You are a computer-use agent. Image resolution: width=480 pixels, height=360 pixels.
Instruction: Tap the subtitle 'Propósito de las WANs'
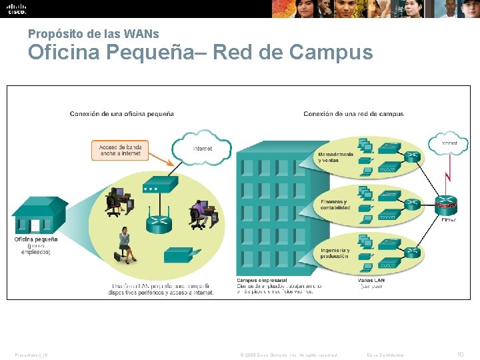(93, 33)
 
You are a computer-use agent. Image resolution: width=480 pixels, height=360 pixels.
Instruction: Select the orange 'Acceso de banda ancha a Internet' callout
(120, 150)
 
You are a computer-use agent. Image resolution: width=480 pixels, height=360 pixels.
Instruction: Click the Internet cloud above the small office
(202, 148)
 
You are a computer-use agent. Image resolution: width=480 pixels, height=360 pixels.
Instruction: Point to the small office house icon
(39, 215)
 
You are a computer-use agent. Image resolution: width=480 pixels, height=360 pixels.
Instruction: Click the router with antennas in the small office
(159, 221)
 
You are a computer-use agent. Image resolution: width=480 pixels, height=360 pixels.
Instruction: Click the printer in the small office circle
(179, 255)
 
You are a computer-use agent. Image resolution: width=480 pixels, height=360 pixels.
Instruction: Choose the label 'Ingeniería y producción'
(334, 252)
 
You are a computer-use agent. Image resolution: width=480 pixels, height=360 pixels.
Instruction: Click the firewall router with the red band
(447, 203)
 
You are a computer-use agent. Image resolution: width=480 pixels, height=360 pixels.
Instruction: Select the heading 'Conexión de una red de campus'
(353, 114)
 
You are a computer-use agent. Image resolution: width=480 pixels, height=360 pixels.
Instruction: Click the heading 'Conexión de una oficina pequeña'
(122, 114)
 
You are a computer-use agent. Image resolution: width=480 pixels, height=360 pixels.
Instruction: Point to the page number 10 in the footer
(460, 355)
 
